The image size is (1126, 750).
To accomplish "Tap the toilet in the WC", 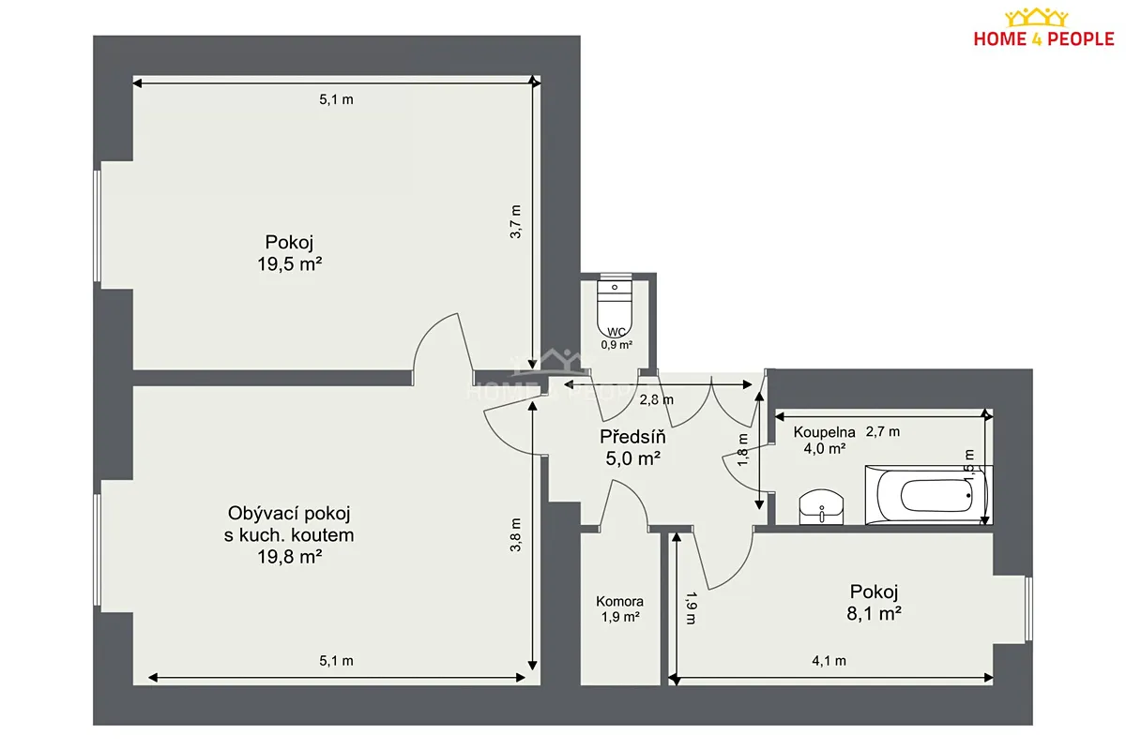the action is (x=615, y=306).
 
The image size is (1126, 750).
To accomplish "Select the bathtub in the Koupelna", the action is (x=928, y=495).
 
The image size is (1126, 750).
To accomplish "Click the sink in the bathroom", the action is (x=821, y=507).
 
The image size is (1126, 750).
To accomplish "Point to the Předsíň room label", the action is (x=632, y=437).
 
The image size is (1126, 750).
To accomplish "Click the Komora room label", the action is (x=619, y=601).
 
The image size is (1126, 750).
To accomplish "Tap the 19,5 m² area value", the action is (x=290, y=263).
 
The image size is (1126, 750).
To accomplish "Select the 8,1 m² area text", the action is (x=874, y=613).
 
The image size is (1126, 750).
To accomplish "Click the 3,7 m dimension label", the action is (x=516, y=221).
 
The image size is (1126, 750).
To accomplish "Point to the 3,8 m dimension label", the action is (x=516, y=534).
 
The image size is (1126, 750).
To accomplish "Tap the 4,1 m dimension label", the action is (x=829, y=661).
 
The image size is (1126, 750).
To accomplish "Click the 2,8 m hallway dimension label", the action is (x=656, y=400).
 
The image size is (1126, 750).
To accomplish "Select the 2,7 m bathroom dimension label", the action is (x=883, y=431).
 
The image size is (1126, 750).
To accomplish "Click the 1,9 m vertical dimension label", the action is (x=692, y=607).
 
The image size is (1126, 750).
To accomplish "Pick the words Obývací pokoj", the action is (x=289, y=513).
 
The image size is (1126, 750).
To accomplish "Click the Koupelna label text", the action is (x=824, y=432).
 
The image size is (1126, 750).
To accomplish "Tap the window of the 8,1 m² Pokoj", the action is (x=1028, y=608).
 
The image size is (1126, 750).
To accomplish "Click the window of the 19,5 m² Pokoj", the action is (x=98, y=226).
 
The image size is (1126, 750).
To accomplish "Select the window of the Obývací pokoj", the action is (x=98, y=549).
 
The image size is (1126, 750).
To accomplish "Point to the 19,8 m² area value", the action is (x=290, y=557).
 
